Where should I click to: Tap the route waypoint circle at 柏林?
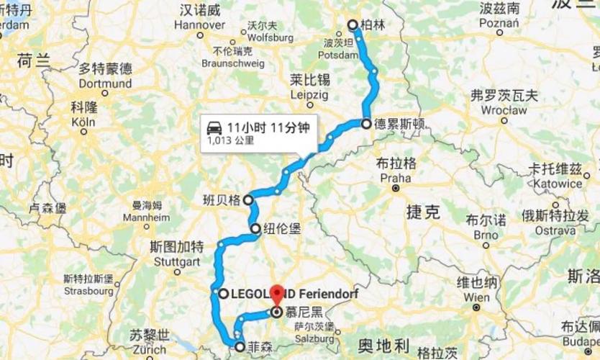353,25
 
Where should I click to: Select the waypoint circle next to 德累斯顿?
366,123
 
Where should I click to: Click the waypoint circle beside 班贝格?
247,199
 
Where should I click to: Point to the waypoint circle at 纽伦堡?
255,229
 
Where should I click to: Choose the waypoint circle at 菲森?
239,346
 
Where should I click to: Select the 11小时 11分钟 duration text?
268,128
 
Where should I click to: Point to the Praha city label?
396,178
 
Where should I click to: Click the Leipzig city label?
310,94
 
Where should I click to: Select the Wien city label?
476,297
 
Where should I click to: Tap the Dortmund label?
105,84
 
